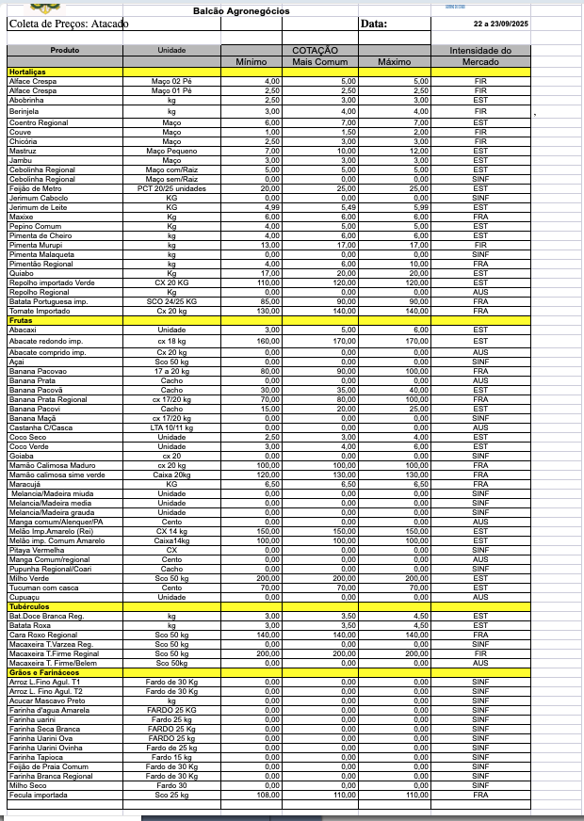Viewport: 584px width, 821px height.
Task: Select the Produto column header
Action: pyautogui.click(x=64, y=50)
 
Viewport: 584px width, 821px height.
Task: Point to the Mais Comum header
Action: pyautogui.click(x=320, y=62)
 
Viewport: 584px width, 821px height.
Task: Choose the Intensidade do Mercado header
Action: pyautogui.click(x=479, y=56)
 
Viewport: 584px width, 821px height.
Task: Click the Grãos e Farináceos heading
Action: pyautogui.click(x=42, y=672)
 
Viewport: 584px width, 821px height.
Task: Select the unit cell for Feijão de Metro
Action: pyautogui.click(x=171, y=188)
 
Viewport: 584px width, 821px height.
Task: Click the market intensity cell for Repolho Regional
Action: pyautogui.click(x=479, y=293)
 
